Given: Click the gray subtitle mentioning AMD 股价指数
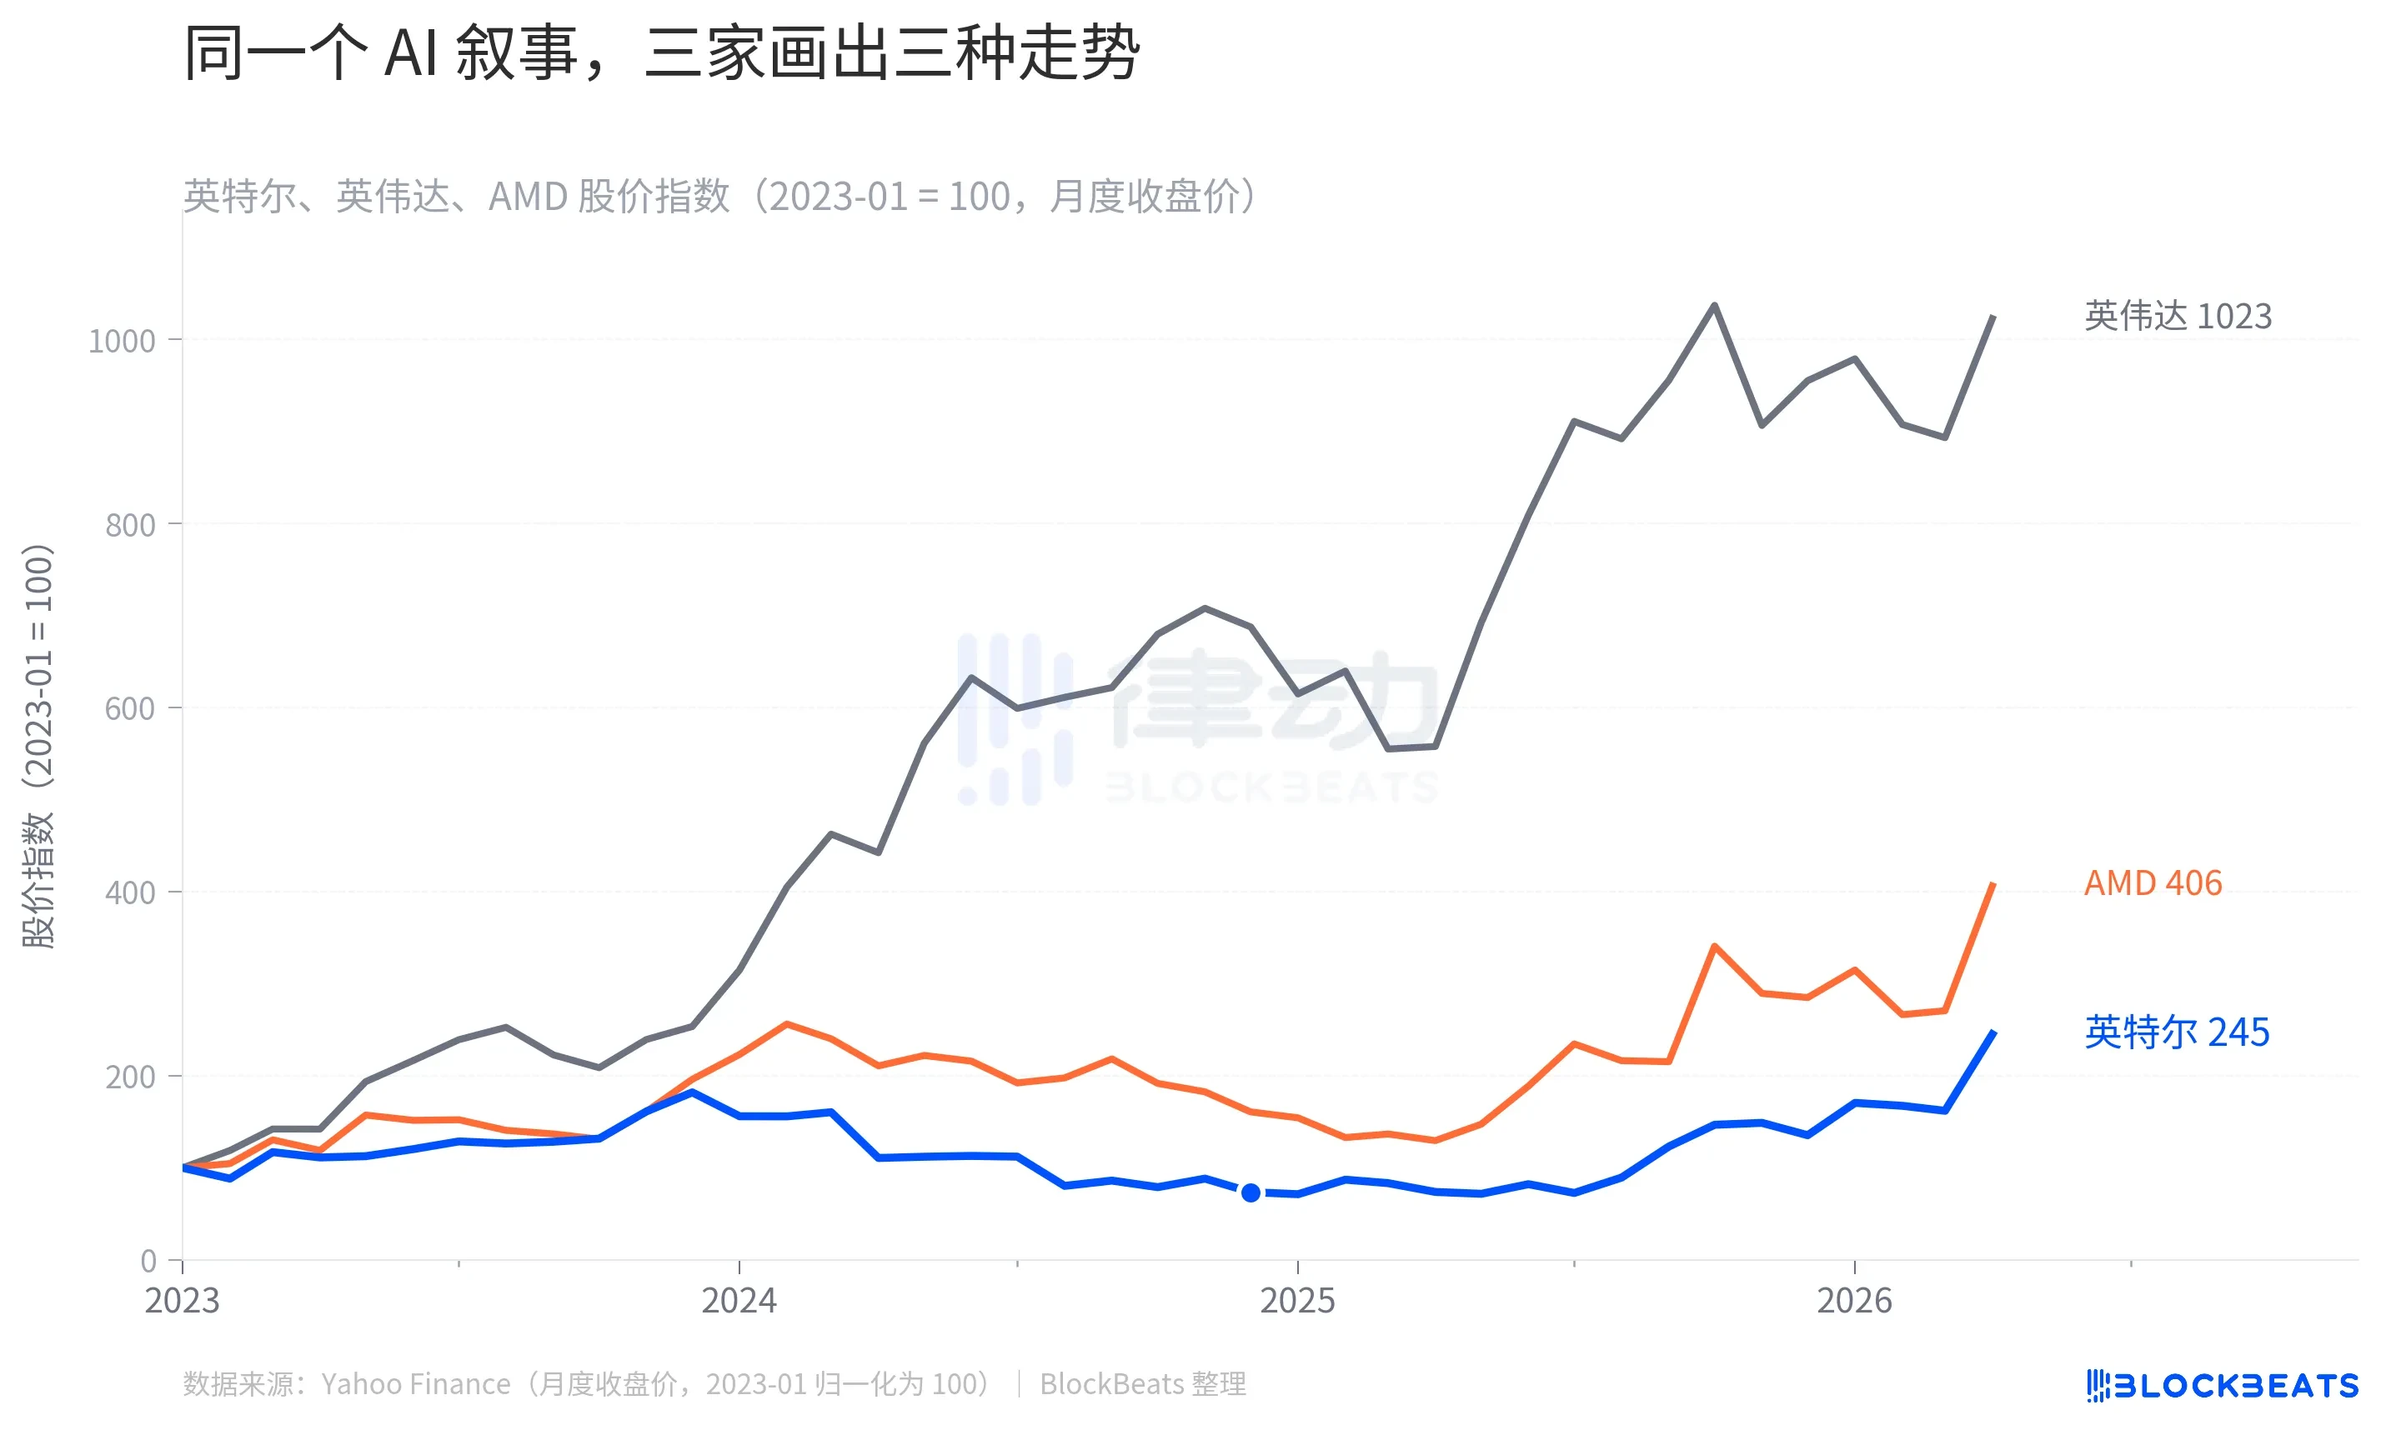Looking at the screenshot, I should coord(718,196).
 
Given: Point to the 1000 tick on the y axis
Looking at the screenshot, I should coord(122,342).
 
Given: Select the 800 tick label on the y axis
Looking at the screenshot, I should coord(130,525).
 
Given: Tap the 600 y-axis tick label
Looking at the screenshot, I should coord(130,709).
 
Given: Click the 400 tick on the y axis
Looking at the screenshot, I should coord(130,892).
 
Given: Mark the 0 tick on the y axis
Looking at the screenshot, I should coord(148,1261).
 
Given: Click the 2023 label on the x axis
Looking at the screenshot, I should coord(183,1300).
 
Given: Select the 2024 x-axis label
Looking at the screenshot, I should coord(739,1300).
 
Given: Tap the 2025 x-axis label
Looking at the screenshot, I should coord(1297,1300).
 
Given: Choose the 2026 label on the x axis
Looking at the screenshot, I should coord(1854,1300).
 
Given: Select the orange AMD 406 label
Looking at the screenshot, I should coord(2153,883).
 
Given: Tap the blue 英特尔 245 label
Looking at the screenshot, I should coord(2177,1032).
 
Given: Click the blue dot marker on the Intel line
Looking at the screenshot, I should coord(1251,1192).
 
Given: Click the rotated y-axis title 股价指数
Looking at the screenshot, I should coord(39,745).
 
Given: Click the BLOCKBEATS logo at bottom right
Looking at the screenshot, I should coord(2223,1386).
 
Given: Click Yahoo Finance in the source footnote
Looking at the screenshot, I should coord(415,1383).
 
